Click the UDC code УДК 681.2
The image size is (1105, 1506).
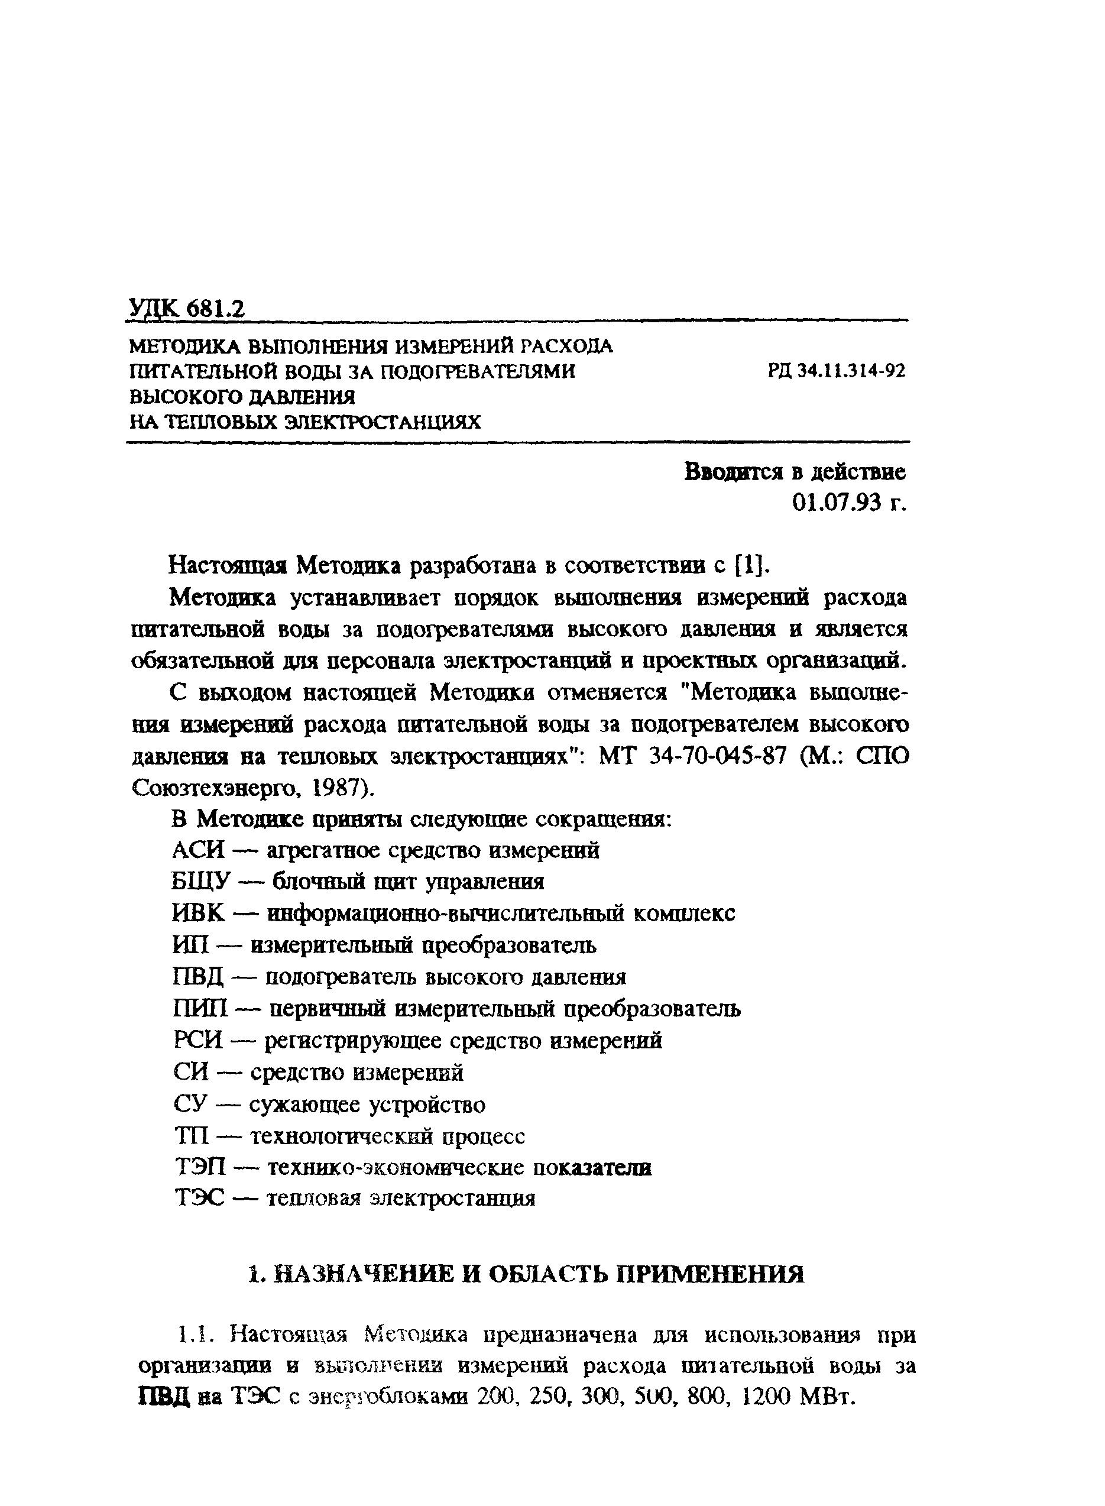point(186,309)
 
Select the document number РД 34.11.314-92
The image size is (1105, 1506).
point(837,371)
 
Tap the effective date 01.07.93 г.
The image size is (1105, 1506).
point(849,503)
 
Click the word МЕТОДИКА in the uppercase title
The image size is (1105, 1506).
point(184,346)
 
